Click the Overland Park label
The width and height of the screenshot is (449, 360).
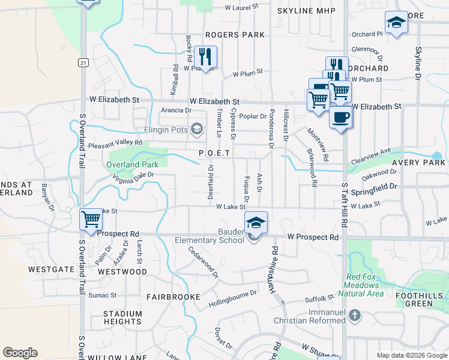coord(132,164)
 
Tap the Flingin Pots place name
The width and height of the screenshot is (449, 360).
coord(158,129)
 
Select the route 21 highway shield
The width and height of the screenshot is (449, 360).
coord(83,62)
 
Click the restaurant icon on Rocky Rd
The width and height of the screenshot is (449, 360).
coord(205,57)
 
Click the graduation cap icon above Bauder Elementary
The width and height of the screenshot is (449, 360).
coord(256,223)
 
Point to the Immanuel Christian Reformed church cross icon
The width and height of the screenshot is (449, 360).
coord(355,314)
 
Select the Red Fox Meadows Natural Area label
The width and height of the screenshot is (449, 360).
coord(364,285)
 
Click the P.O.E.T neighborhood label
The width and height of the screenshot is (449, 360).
coord(215,154)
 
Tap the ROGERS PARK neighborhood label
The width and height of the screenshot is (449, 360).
coord(234,35)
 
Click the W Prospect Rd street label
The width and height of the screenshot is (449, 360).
coord(312,238)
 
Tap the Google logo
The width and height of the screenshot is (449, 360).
coord(20,353)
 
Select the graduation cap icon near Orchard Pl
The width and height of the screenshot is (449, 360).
coord(396,23)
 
